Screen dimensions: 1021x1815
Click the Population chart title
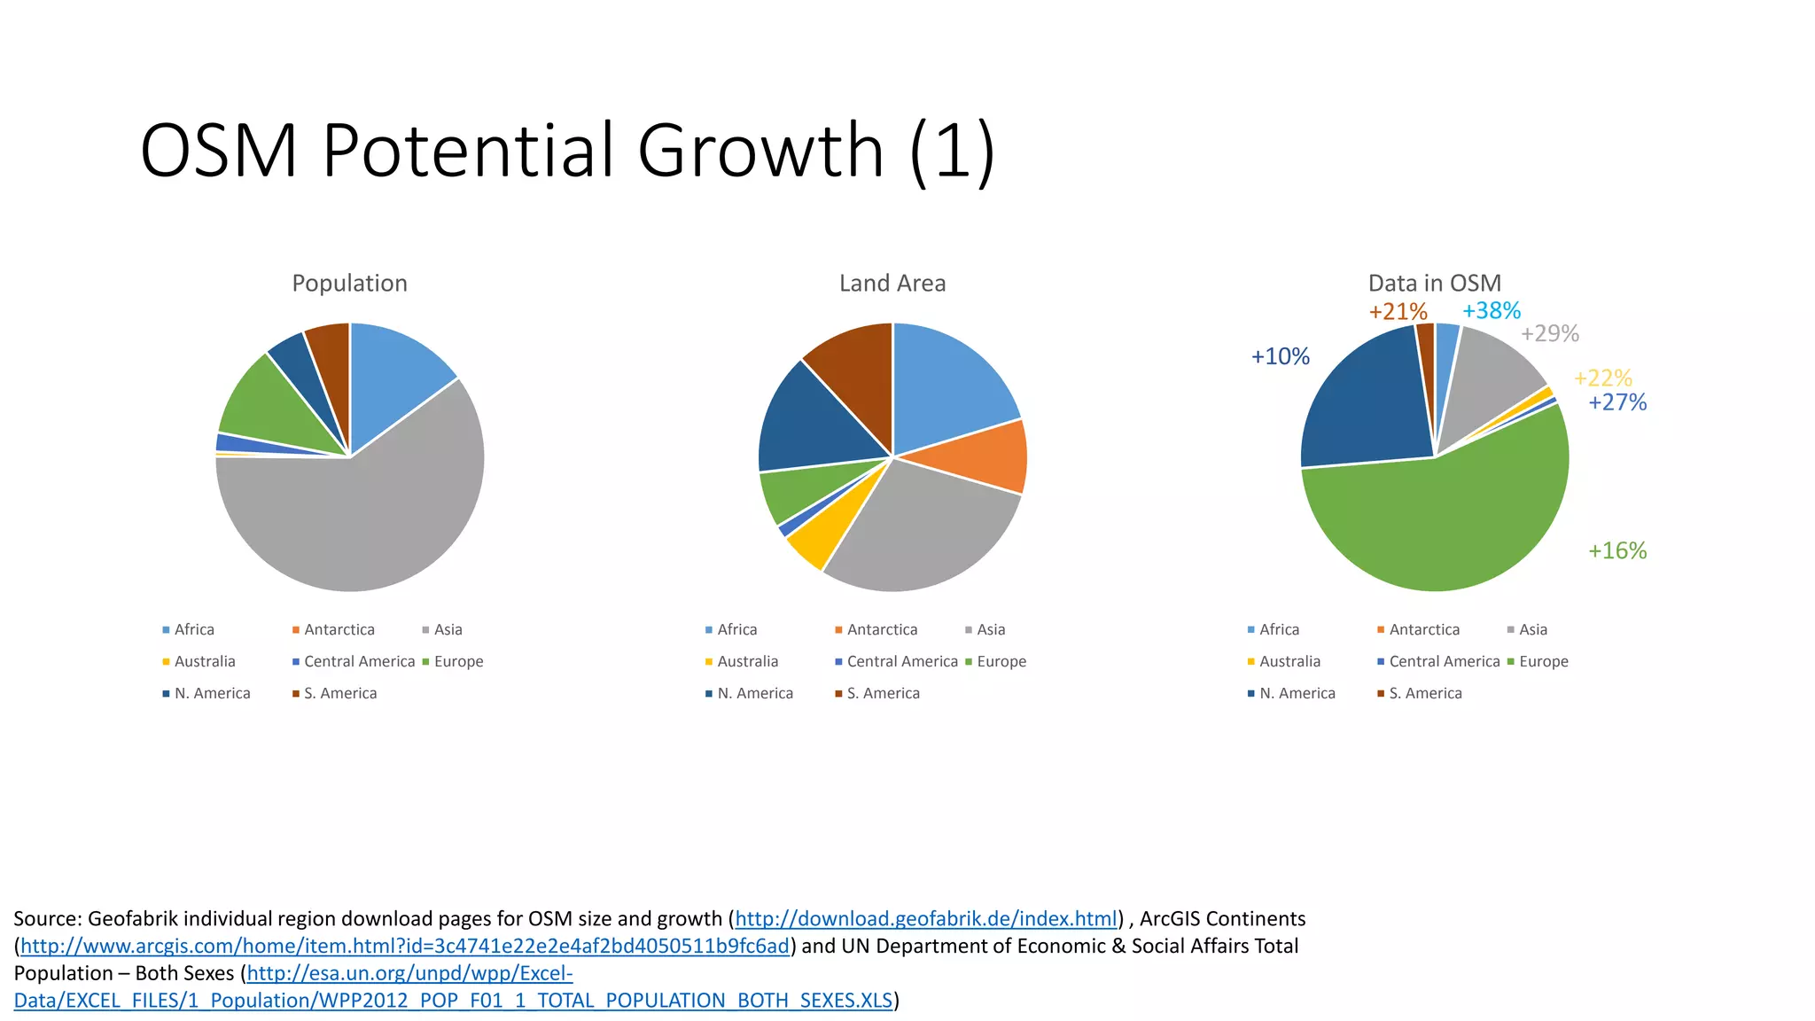[349, 284]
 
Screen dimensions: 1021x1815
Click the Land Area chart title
[892, 284]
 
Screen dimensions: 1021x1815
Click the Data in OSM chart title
[1434, 284]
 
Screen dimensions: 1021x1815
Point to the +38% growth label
[1491, 311]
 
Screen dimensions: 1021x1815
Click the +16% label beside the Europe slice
[1616, 551]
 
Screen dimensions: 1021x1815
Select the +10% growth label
[1280, 357]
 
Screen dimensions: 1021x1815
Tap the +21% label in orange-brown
[1398, 312]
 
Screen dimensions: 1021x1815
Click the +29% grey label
[1549, 334]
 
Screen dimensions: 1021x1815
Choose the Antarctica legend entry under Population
[339, 629]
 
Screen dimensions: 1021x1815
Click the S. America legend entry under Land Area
[883, 693]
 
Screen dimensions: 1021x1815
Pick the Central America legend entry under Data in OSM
[1444, 661]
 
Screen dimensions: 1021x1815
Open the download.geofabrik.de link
[925, 919]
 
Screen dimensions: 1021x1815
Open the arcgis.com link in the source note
[404, 947]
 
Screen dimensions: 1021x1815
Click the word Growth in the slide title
[760, 151]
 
